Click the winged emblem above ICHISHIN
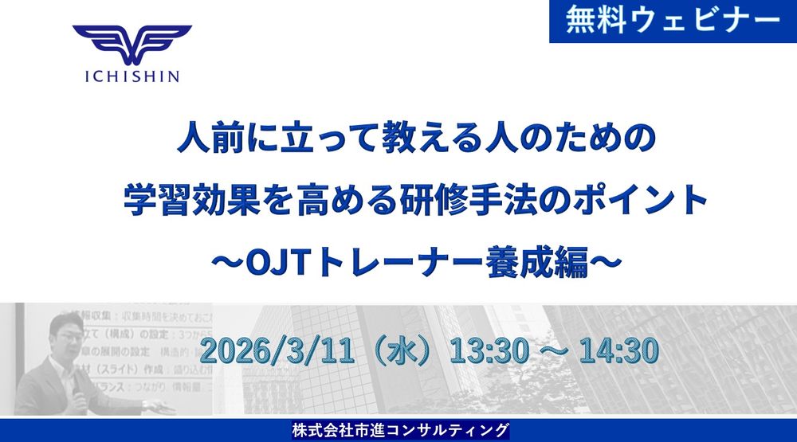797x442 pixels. point(132,45)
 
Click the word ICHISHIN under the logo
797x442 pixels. point(132,76)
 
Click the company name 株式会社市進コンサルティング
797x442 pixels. point(399,431)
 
